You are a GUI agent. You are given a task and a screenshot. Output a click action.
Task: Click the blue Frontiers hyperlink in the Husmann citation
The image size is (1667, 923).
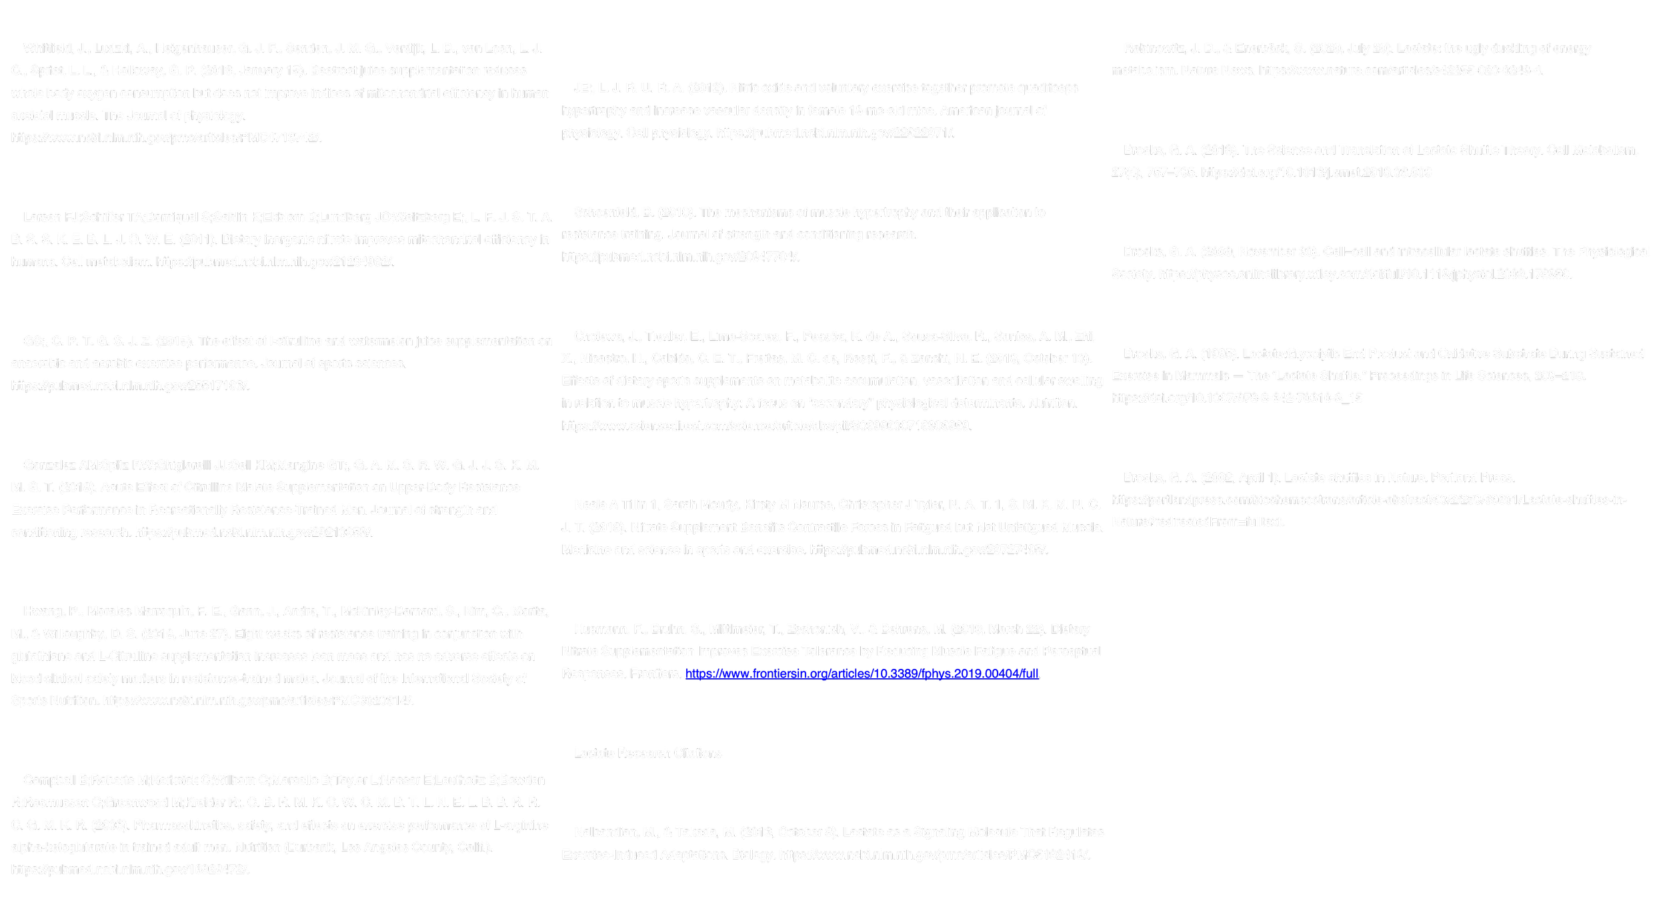pyautogui.click(x=862, y=674)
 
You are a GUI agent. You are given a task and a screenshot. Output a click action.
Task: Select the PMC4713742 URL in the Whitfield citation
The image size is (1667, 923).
pyautogui.click(x=166, y=138)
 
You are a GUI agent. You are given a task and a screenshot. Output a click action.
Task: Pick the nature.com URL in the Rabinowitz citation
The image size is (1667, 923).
pyautogui.click(x=1400, y=71)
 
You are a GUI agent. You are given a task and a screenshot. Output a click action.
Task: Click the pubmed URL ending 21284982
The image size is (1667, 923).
pyautogui.click(x=275, y=262)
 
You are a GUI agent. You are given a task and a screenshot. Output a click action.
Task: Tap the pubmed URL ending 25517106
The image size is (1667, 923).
pyautogui.click(x=130, y=386)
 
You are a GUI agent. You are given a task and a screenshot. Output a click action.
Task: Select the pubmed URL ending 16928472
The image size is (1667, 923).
pyautogui.click(x=130, y=870)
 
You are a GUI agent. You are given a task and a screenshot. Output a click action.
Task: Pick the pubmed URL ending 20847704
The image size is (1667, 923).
pyautogui.click(x=680, y=257)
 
